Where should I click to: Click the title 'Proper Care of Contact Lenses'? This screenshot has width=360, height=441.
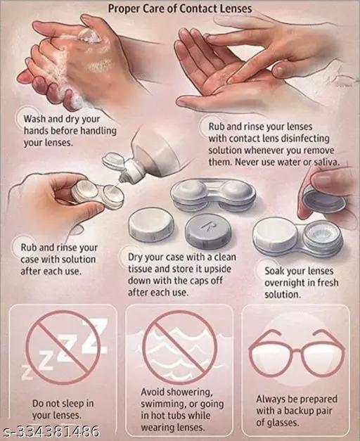pyautogui.click(x=180, y=8)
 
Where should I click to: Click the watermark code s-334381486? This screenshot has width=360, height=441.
pyautogui.click(x=51, y=431)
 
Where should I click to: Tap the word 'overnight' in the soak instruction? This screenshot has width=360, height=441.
pyautogui.click(x=284, y=283)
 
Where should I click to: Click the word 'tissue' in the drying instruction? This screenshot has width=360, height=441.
pyautogui.click(x=140, y=269)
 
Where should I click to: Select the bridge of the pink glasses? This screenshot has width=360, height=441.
pyautogui.click(x=297, y=350)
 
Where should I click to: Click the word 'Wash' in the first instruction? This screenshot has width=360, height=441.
pyautogui.click(x=34, y=119)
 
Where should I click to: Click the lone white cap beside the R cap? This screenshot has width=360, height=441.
pyautogui.click(x=151, y=224)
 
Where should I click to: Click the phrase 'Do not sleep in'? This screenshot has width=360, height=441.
pyautogui.click(x=63, y=403)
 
